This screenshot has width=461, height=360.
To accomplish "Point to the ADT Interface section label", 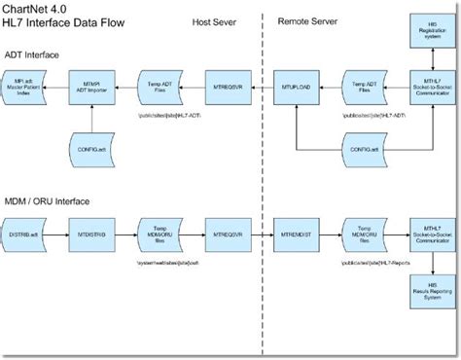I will [36, 54].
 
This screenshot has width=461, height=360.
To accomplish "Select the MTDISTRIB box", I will [90, 234].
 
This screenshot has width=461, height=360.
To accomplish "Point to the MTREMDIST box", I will [294, 234].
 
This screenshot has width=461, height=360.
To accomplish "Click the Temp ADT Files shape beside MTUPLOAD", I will [360, 89].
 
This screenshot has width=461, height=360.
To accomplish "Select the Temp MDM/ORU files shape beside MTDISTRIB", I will [157, 234].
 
